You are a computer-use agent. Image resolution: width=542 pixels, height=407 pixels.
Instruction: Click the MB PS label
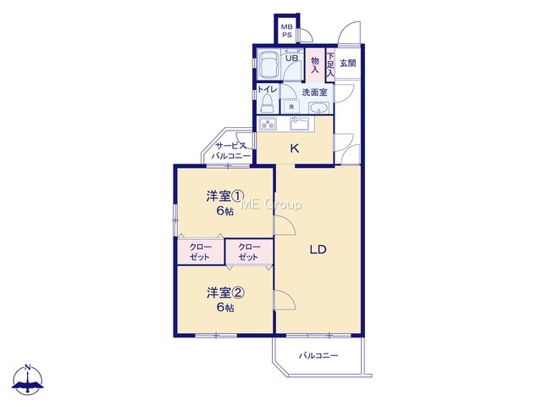286,31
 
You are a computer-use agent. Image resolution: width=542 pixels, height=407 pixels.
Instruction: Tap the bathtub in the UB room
269,64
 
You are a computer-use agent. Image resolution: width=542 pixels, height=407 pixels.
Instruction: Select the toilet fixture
267,103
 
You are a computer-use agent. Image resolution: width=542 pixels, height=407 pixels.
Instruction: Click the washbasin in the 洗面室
318,108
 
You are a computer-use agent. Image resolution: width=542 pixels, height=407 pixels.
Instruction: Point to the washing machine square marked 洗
291,107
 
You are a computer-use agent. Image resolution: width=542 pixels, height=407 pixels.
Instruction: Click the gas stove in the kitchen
268,124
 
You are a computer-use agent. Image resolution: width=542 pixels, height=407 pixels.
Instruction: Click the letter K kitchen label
295,148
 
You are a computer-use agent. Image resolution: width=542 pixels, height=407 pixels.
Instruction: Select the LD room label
318,249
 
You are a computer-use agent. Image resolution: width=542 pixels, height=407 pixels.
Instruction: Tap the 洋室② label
226,293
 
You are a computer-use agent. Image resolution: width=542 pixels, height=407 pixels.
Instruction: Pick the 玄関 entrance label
347,64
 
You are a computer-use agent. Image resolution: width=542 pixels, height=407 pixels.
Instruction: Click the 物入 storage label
315,65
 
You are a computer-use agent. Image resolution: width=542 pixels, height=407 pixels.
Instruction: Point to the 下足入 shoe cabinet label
331,64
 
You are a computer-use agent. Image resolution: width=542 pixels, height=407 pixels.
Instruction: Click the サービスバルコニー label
231,151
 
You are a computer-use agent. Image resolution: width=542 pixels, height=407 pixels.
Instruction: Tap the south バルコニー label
318,355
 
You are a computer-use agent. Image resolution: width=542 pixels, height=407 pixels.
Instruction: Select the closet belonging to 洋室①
201,252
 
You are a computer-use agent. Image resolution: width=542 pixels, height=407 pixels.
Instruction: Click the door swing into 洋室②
285,299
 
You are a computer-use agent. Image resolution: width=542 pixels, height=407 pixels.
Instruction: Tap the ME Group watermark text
271,204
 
